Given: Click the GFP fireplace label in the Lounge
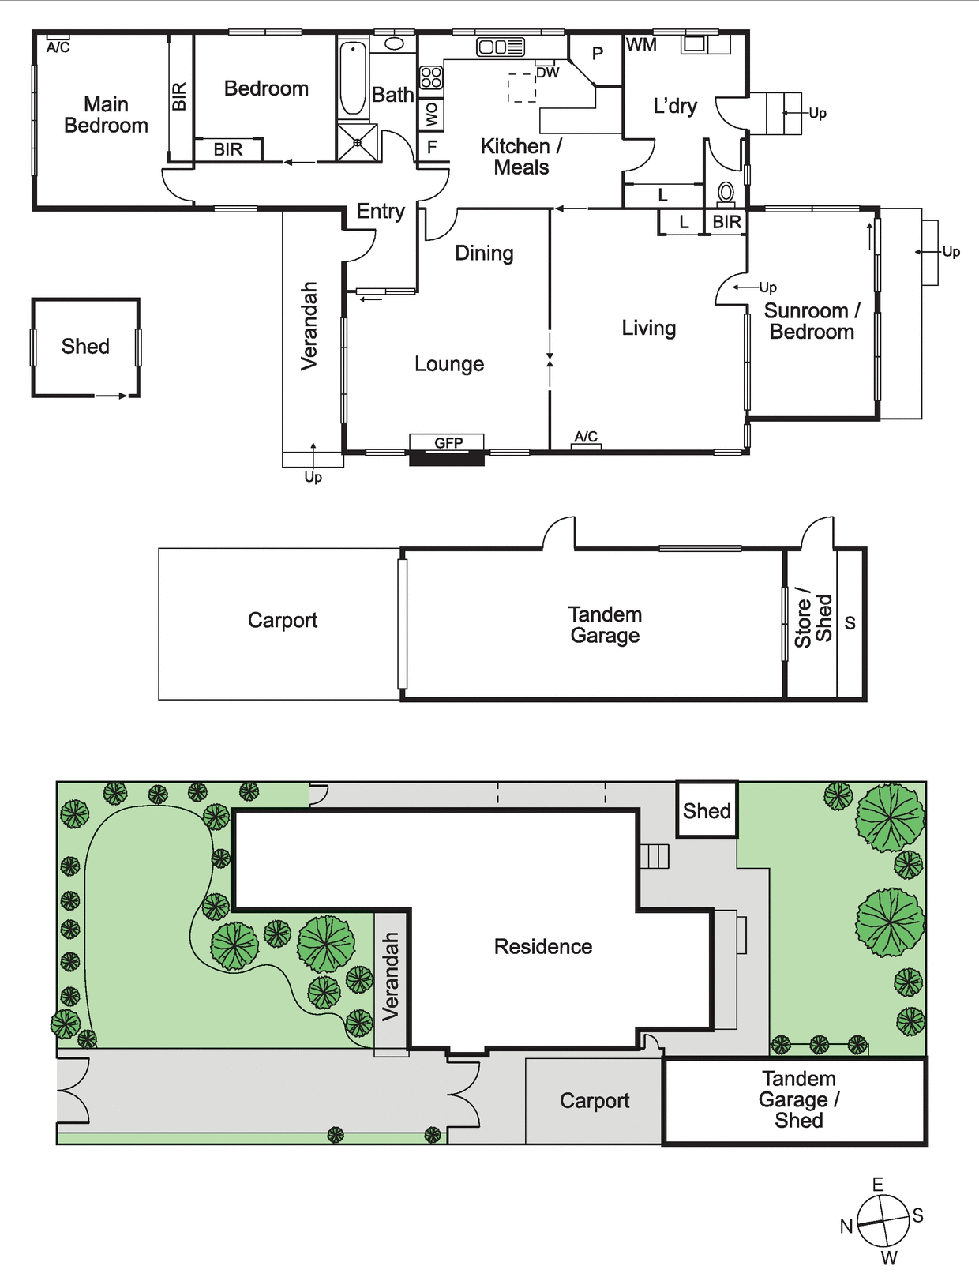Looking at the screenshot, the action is [448, 443].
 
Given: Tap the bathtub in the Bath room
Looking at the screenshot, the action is [353, 78].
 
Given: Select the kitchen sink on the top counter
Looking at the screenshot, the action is [501, 47].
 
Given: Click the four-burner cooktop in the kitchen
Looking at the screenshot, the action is [431, 77].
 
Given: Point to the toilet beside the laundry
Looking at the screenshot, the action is [726, 193].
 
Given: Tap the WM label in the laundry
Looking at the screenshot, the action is [640, 44].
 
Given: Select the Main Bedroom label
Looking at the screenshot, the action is [106, 115].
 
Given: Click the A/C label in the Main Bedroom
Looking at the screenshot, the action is [58, 48].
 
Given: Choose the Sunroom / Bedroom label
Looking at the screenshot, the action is [812, 321].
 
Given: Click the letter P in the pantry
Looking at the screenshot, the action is [598, 54].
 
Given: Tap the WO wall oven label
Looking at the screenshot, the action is [432, 115].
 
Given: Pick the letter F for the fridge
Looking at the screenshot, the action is [432, 147].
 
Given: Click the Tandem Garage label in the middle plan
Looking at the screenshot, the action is [605, 625].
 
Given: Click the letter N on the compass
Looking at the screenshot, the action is [846, 1227].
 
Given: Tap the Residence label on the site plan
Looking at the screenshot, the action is [542, 947].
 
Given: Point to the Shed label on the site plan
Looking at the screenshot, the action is [707, 810].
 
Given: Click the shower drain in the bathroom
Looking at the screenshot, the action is [357, 142].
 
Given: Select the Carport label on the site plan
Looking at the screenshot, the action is [594, 1101].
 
